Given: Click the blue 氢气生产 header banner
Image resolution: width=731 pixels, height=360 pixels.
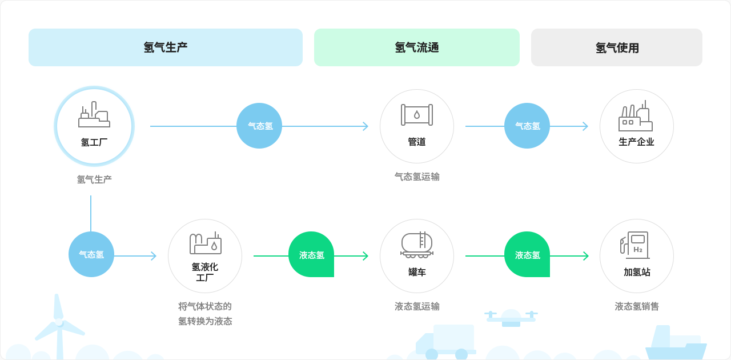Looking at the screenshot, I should [x=166, y=47].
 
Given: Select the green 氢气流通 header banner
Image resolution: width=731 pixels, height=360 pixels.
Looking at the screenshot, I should [x=417, y=47].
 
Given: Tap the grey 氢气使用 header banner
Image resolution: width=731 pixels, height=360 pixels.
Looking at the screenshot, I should [x=617, y=47].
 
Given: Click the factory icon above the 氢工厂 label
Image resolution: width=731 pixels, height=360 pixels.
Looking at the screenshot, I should [x=94, y=115].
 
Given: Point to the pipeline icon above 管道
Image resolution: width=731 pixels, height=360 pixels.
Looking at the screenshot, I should [x=417, y=115].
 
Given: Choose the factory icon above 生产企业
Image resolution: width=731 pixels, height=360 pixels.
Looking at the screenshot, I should [x=636, y=116].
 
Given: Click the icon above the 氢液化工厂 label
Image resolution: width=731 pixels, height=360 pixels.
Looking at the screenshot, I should [x=205, y=243].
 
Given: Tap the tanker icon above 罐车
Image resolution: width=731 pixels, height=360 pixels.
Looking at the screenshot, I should [x=417, y=245].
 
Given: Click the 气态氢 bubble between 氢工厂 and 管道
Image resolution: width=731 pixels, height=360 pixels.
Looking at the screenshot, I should [x=259, y=126].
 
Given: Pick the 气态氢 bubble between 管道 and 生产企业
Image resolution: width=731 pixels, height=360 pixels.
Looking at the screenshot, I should [x=527, y=126].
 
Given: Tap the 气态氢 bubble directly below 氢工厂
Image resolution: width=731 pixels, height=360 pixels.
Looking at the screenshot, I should [x=91, y=254].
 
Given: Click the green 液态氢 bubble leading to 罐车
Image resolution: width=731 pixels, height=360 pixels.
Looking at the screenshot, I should [x=311, y=254].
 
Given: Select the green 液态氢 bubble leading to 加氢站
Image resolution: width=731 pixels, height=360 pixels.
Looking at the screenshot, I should [x=527, y=254].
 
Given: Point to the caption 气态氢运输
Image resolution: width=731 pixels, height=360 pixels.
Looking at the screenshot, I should [x=417, y=177].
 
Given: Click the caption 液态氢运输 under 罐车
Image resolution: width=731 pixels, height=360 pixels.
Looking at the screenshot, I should [x=417, y=306].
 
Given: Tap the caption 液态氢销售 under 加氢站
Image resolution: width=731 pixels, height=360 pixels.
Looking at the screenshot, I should [x=637, y=306].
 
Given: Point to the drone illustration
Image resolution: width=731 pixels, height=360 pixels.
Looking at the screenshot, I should [x=511, y=317].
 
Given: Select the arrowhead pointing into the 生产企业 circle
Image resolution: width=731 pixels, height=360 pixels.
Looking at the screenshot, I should [x=585, y=126].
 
